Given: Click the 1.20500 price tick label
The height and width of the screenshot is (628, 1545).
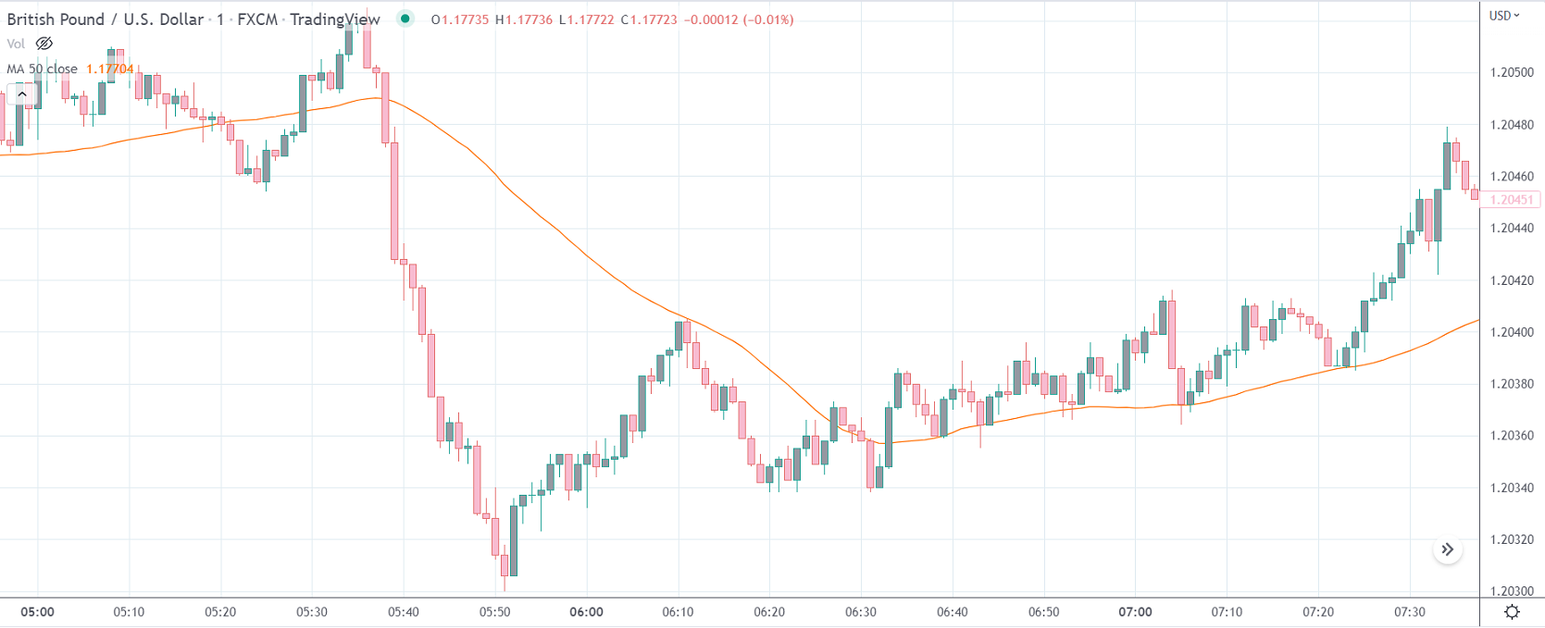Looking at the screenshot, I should [x=1511, y=72].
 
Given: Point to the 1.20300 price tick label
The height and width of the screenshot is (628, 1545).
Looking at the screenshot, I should [x=1511, y=591].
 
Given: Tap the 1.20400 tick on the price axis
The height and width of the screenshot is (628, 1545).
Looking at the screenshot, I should [x=1511, y=332].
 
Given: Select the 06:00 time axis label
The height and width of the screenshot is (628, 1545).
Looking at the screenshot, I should [x=586, y=612].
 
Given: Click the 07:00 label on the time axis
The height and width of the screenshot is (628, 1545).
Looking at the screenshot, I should [x=1135, y=612].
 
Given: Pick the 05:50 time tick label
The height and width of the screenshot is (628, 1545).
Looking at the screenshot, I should [x=494, y=612].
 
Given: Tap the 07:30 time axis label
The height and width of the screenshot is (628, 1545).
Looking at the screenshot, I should [x=1410, y=612].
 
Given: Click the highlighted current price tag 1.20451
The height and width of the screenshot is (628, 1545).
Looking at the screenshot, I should [x=1511, y=200].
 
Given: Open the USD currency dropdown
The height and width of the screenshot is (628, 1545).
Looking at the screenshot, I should [x=1504, y=16].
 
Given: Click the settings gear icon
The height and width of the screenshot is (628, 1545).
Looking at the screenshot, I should [x=1512, y=612].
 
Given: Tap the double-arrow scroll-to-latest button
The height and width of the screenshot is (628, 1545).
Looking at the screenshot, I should [x=1447, y=549].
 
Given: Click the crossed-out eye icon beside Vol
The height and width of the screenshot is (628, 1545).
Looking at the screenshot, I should [x=44, y=43].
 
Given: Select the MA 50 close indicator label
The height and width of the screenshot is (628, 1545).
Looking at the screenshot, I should [x=42, y=68].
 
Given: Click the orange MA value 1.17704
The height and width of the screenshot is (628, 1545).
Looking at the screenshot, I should [x=109, y=68].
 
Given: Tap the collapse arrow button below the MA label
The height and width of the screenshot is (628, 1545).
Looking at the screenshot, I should [x=22, y=94].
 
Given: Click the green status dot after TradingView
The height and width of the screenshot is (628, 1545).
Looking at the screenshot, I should [x=405, y=18].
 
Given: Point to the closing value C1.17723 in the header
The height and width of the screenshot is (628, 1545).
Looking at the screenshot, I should [x=649, y=19].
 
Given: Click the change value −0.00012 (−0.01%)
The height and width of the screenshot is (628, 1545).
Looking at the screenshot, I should [x=739, y=19].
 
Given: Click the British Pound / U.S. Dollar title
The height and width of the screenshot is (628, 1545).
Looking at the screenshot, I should [x=105, y=19].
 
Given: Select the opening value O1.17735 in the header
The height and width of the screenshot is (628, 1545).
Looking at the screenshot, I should [x=459, y=19].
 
